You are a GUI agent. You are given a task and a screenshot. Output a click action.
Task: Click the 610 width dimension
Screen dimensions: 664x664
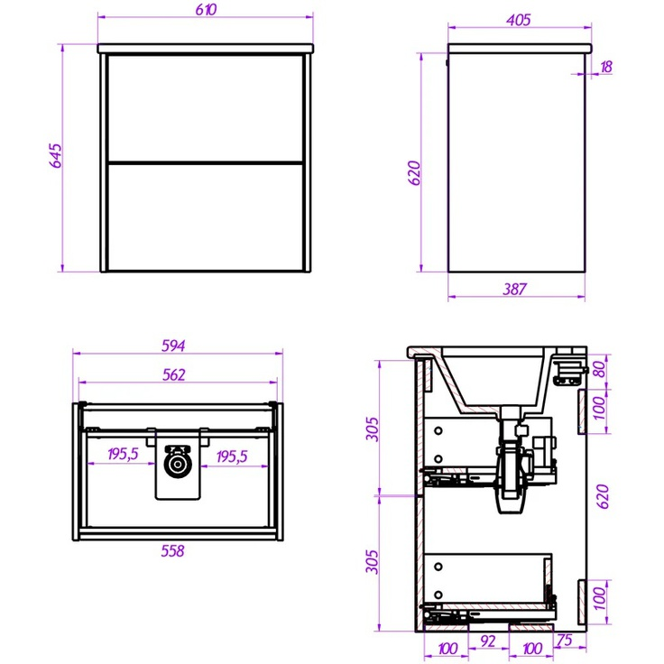[x=207, y=10]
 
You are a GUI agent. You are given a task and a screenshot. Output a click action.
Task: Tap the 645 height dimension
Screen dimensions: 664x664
[x=56, y=155]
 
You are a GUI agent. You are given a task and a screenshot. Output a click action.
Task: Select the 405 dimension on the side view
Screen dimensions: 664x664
[x=519, y=20]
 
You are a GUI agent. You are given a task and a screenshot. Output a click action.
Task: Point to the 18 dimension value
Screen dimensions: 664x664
[x=606, y=67]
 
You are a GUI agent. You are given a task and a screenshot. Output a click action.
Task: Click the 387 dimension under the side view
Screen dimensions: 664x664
[x=514, y=290]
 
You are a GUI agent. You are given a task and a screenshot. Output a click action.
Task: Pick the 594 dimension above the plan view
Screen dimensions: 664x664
[x=173, y=346]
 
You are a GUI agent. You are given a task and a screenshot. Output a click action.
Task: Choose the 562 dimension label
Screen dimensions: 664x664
[x=174, y=374]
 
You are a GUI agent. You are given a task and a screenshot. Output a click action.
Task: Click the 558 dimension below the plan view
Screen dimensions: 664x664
[x=173, y=551]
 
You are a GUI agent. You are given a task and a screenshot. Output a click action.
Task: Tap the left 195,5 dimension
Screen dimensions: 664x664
[x=123, y=454]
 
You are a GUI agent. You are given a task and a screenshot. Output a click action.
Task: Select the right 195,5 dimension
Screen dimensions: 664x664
[x=232, y=456]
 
